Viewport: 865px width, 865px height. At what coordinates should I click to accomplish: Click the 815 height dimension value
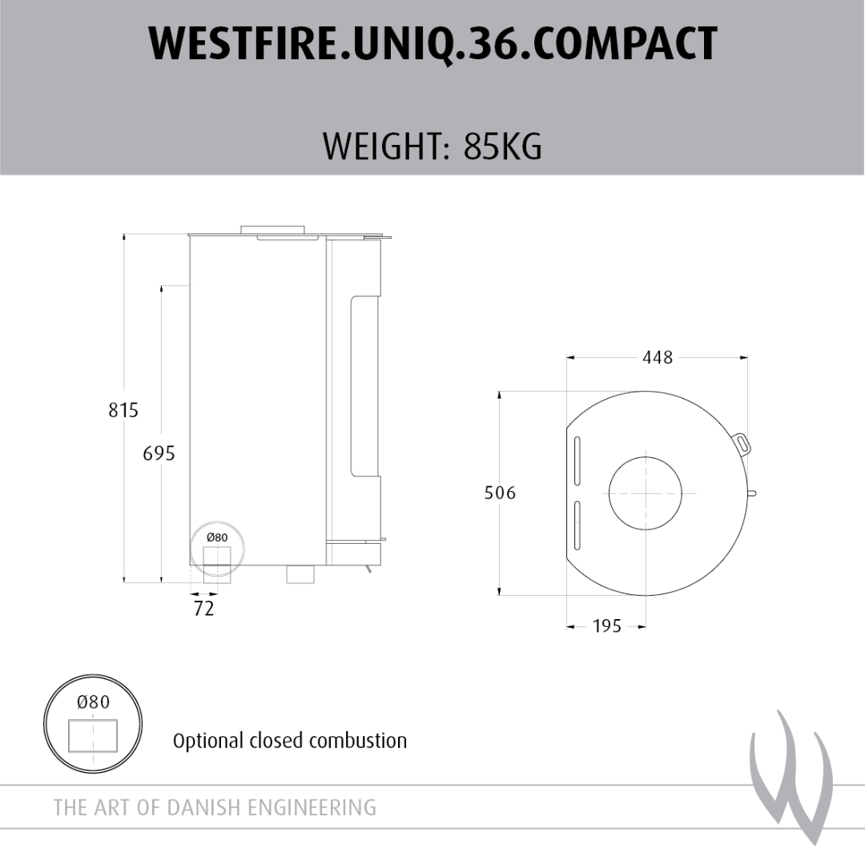[x=123, y=410]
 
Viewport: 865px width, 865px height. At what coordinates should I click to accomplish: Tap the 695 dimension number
[x=159, y=453]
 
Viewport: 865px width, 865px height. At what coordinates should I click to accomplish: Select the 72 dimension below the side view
[x=203, y=608]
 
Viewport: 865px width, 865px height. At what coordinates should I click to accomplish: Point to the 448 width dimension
[x=658, y=357]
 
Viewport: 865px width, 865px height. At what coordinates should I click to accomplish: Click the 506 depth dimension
[x=500, y=493]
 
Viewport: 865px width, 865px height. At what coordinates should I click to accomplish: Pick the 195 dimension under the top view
[x=607, y=626]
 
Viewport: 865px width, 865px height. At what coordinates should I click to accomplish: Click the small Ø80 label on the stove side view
[x=217, y=537]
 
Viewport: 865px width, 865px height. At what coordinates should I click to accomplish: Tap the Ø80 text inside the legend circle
[x=93, y=702]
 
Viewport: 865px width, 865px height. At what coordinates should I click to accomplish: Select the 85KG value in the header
[x=502, y=147]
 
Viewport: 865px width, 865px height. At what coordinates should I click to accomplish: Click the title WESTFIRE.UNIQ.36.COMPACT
[x=433, y=43]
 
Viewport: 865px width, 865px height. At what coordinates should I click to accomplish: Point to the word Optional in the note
[x=208, y=741]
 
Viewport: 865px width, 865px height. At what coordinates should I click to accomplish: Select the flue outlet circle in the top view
[x=645, y=493]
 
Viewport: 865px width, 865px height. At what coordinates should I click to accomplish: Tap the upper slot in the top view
[x=577, y=461]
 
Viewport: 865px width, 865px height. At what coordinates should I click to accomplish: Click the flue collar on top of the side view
[x=272, y=230]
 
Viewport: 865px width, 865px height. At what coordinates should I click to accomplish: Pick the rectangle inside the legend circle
[x=93, y=736]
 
